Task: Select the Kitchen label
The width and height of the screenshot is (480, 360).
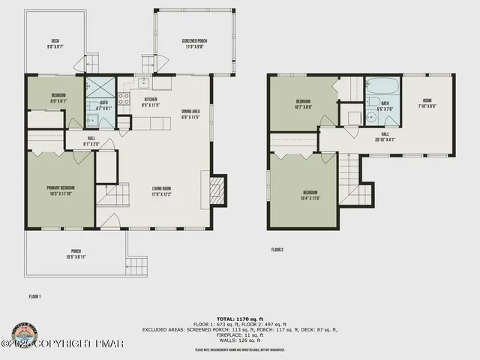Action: click(150, 102)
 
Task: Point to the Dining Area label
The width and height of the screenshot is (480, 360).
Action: click(190, 114)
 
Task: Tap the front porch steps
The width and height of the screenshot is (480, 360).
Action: click(136, 265)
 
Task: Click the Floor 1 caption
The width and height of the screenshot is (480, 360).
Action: click(34, 296)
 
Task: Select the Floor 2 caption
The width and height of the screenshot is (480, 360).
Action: click(277, 249)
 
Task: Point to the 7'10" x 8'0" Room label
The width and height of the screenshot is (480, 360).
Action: click(427, 103)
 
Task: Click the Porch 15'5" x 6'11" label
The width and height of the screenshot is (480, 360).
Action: click(76, 253)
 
